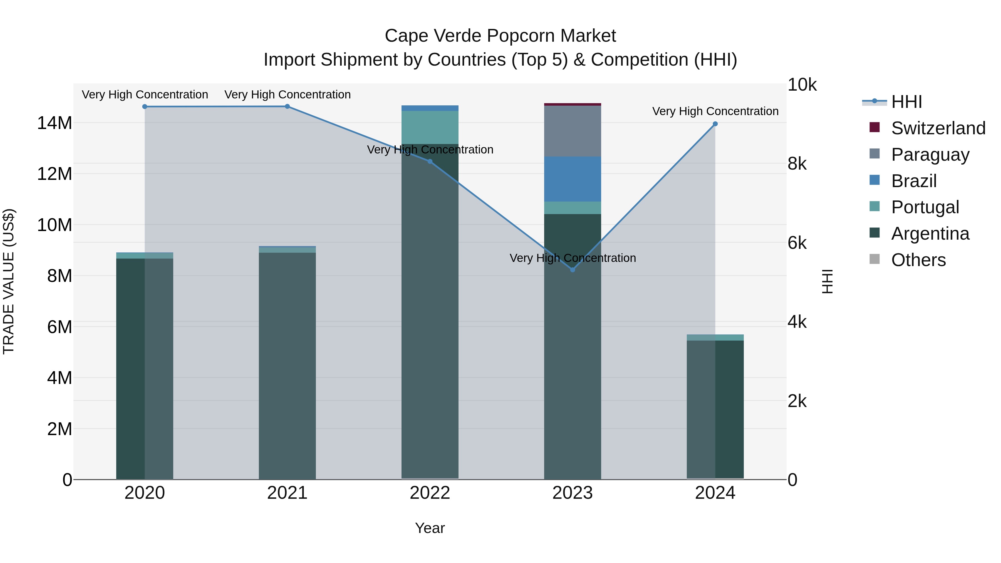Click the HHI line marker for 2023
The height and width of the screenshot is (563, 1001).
(x=573, y=270)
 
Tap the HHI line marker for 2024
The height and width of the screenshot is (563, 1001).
(x=715, y=124)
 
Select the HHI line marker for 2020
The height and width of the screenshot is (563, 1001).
(x=145, y=106)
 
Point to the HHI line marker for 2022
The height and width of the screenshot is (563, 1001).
(x=430, y=162)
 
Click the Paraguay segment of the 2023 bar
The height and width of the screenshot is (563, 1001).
(x=573, y=131)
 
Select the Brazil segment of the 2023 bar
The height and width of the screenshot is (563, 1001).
(x=573, y=179)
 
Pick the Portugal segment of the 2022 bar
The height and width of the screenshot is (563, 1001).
(x=430, y=127)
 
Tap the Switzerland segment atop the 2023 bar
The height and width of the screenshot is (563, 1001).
(x=573, y=104)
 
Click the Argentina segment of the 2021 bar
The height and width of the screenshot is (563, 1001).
(x=287, y=365)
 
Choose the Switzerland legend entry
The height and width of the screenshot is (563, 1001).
(x=938, y=128)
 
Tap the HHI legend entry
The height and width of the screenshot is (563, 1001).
(x=906, y=102)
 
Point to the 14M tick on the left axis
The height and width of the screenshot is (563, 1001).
(x=54, y=123)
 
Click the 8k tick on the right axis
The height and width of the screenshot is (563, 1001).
(x=797, y=164)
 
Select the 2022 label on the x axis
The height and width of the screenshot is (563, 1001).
(x=430, y=493)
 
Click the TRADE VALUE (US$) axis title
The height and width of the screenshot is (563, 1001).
(x=9, y=281)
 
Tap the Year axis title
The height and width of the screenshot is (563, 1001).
(x=430, y=528)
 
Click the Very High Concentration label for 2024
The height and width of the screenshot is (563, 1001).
(x=715, y=111)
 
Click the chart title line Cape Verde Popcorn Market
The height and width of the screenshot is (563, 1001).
(x=500, y=36)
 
